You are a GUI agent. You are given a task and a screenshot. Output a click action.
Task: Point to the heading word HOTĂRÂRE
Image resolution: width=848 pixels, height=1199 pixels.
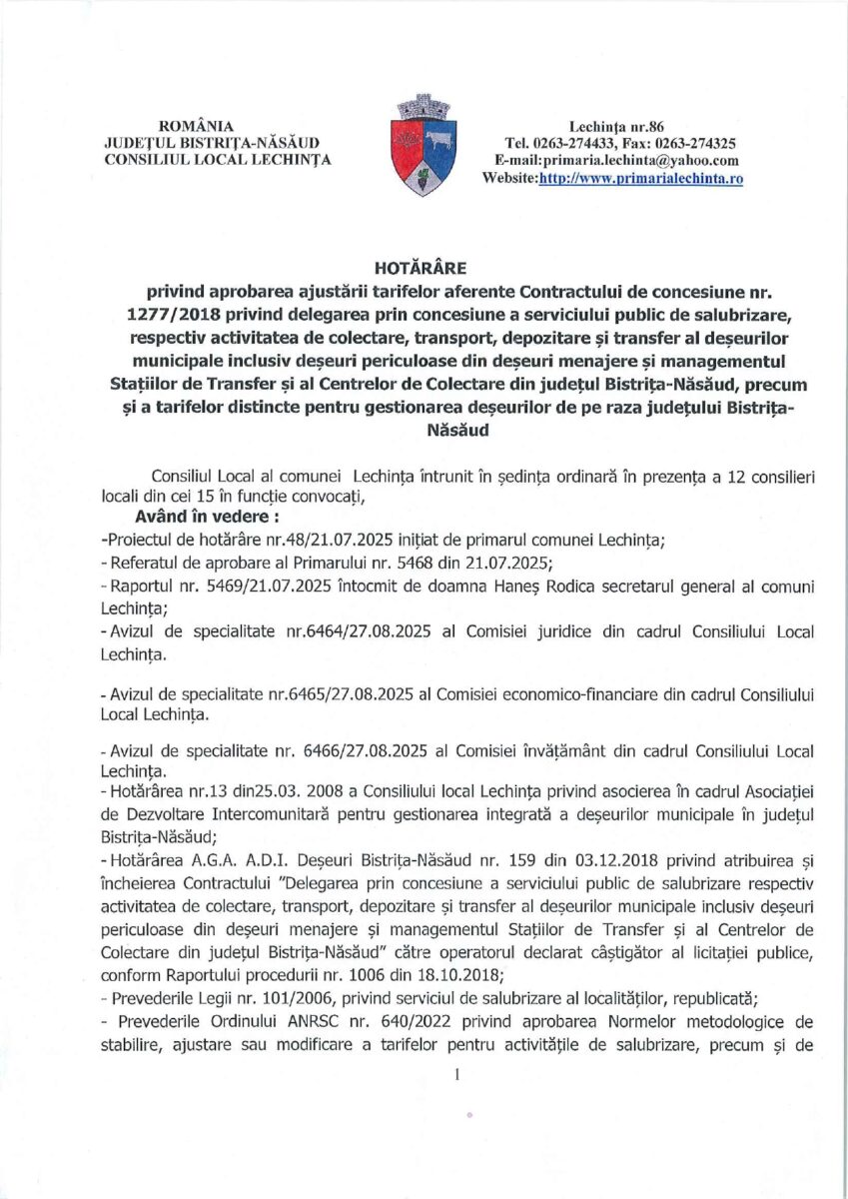[424, 268]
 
